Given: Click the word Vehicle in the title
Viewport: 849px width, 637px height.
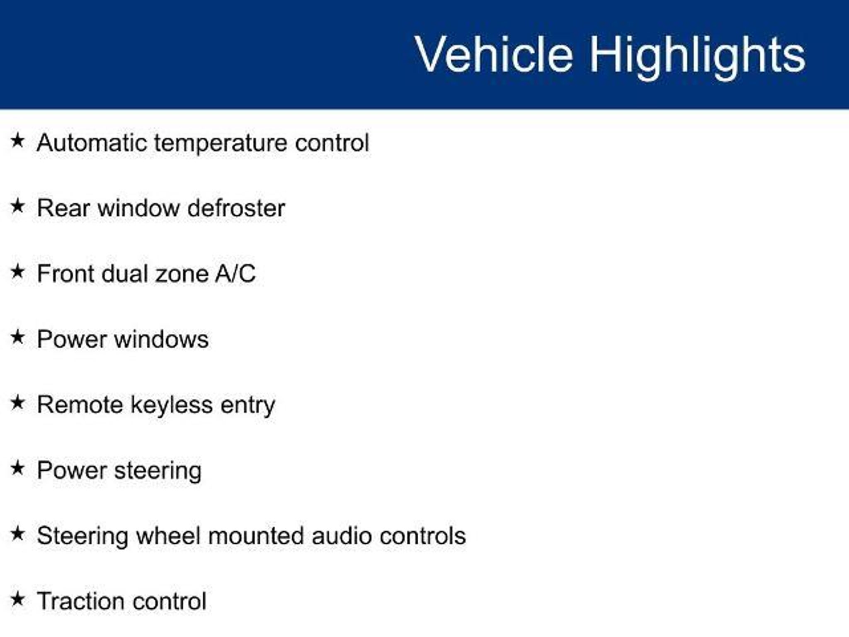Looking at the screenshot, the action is point(494,54).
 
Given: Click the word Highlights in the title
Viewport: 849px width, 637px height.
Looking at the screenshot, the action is point(698,57).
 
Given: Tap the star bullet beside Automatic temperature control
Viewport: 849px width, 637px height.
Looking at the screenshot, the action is point(17,140).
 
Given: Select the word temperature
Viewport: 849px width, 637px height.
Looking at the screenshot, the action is point(221,143).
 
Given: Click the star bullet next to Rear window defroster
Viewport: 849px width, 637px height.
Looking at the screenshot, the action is point(17,206).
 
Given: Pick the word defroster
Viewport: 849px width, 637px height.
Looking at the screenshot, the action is point(236,208).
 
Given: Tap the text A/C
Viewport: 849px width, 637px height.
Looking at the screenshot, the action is point(235,274).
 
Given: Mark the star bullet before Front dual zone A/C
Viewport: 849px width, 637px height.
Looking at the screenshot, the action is point(17,272).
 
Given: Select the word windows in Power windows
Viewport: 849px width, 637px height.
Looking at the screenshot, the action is point(161,339).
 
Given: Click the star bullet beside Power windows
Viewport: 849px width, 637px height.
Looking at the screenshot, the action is point(17,337).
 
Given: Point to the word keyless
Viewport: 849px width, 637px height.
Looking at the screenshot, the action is point(172,406).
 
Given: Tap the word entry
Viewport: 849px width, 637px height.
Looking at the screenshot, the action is point(248,406).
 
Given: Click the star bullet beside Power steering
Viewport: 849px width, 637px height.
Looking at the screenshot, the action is point(17,468).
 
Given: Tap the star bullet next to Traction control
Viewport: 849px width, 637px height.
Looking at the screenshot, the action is point(17,599).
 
